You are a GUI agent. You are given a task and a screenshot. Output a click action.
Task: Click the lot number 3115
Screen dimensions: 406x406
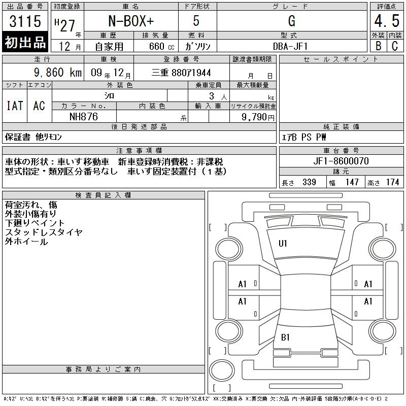[25, 21]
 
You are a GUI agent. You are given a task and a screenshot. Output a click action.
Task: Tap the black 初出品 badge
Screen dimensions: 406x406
[25, 42]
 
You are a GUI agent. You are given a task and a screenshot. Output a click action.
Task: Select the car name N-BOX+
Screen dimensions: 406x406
[131, 21]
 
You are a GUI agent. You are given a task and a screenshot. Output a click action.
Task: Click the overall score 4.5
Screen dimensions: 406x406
[387, 21]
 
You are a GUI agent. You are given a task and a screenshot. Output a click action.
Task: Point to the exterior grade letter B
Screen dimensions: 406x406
[378, 46]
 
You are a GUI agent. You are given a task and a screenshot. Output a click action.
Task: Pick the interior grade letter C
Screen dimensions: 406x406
[395, 46]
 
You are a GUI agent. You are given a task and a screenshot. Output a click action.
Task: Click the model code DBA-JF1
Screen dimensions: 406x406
[290, 46]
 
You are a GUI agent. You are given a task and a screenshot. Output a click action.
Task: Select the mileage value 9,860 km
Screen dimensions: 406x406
[58, 73]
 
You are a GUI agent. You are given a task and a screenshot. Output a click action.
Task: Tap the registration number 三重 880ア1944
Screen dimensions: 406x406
[181, 73]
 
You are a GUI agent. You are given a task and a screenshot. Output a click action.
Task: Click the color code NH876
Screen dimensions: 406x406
[84, 117]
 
